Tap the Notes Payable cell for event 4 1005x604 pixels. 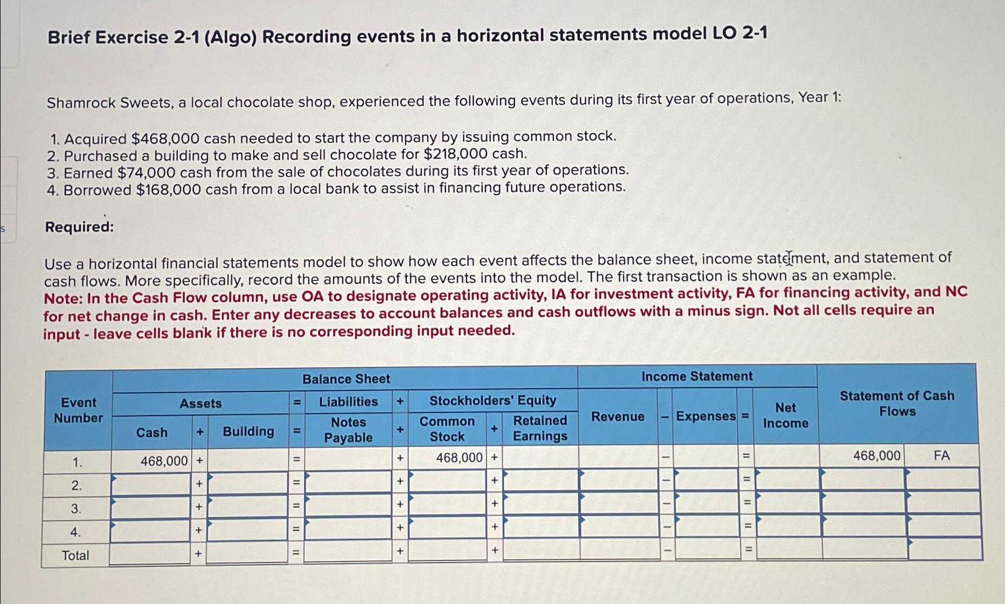tap(348, 528)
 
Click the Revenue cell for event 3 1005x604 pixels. tap(619, 503)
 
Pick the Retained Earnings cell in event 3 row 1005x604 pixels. tap(541, 504)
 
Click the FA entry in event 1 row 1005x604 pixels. tap(941, 455)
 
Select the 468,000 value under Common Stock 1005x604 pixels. tap(459, 458)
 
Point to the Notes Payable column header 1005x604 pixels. tap(348, 430)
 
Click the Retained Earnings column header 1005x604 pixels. tap(540, 428)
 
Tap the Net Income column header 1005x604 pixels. tap(785, 415)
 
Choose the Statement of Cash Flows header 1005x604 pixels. tap(897, 403)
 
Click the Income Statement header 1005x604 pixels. tap(697, 376)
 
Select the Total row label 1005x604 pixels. tap(75, 555)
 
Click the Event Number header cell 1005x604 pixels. tap(79, 410)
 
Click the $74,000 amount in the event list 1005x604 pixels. tap(147, 173)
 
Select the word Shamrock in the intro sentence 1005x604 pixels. tap(81, 102)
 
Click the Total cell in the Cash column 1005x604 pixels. tap(150, 554)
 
